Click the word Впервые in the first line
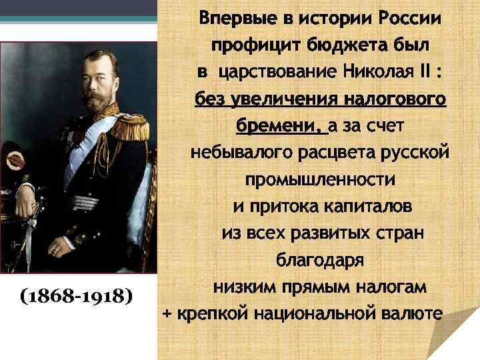coord(234,18)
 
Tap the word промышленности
coord(320,179)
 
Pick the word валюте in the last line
coord(411,313)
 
